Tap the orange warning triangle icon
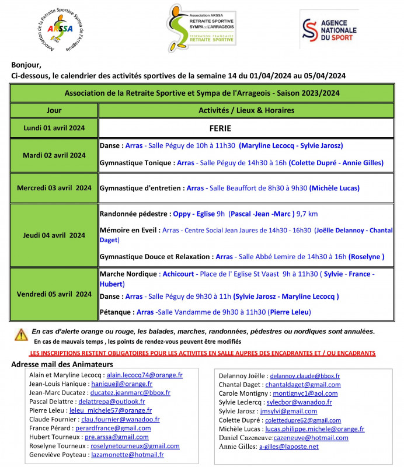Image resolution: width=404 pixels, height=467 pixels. (x=21, y=334)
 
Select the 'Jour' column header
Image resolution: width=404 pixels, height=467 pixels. (x=54, y=110)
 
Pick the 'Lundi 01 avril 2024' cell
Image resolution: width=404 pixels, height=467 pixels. (x=54, y=128)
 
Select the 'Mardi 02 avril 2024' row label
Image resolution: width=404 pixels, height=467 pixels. (x=54, y=155)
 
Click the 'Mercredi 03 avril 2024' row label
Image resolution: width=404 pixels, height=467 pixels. (x=54, y=188)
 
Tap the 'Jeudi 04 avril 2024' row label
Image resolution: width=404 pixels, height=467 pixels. (x=54, y=235)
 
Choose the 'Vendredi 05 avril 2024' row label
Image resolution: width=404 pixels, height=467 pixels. (x=54, y=294)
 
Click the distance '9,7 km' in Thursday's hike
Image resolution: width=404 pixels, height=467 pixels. (x=307, y=214)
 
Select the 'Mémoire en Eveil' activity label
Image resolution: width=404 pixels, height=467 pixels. (x=128, y=231)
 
